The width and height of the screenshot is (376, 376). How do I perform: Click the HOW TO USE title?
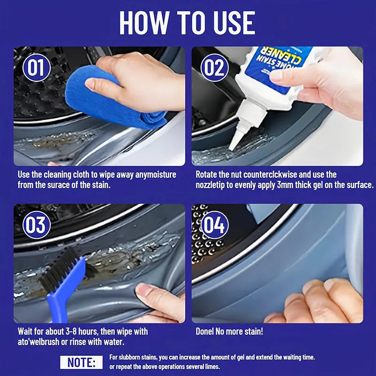[x=188, y=22]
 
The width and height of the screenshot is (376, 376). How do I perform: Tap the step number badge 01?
[x=36, y=68]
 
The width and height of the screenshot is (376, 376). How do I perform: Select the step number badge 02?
[x=214, y=68]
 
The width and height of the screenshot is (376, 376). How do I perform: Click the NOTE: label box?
[x=81, y=362]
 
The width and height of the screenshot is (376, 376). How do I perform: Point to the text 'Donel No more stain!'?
[x=229, y=331]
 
